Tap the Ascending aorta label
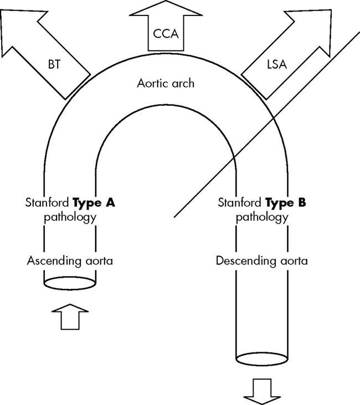tap(70, 260)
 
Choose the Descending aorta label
tap(262, 260)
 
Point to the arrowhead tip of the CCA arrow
tap(165, 2)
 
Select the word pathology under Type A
tap(70, 216)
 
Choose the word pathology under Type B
tap(262, 216)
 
